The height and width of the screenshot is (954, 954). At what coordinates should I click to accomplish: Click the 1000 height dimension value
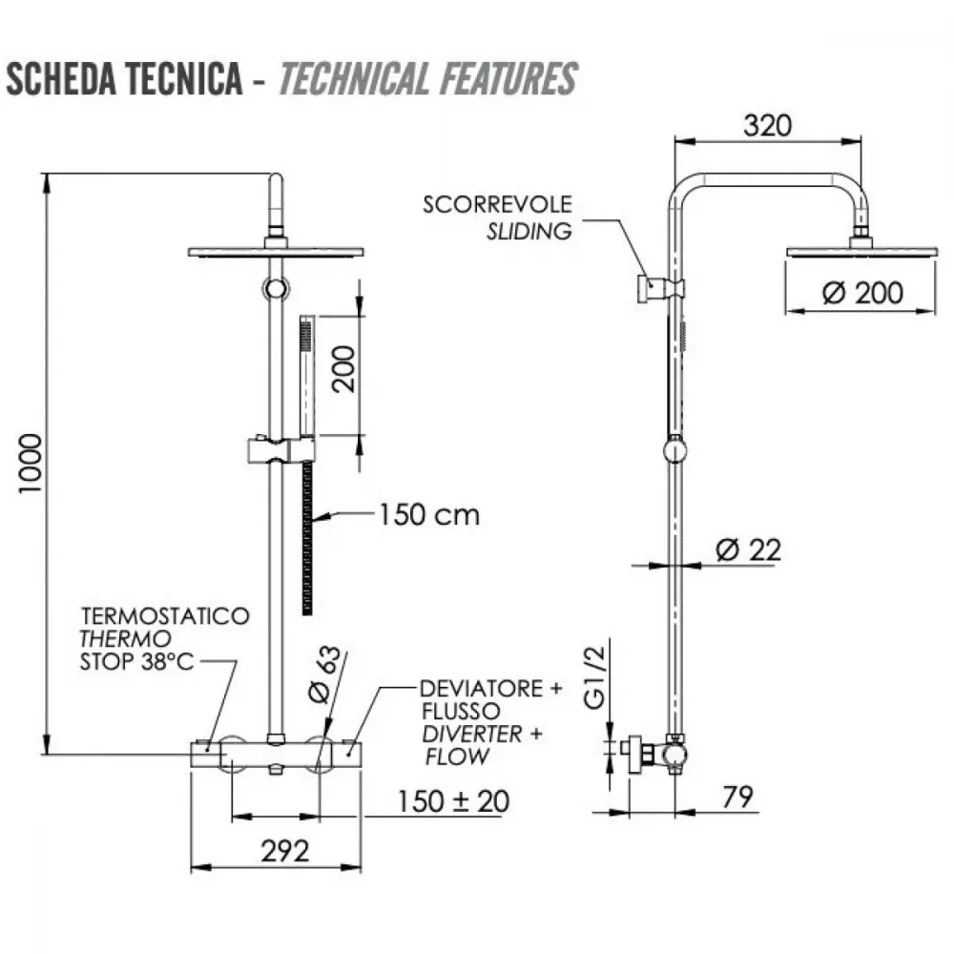point(31,465)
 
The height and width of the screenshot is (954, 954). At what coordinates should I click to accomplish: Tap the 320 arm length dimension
point(767,126)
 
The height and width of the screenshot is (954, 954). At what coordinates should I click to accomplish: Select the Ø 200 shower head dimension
point(862,293)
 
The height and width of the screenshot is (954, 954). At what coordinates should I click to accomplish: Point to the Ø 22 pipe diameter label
point(748,550)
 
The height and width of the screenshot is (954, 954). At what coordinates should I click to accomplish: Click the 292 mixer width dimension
point(284,851)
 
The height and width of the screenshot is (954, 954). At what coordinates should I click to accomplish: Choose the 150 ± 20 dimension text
point(453,801)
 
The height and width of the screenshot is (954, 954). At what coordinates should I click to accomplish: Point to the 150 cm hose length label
point(429,515)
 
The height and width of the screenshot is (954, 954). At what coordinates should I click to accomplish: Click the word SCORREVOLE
point(498,204)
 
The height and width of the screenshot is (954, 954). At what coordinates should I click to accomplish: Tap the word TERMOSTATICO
point(165,615)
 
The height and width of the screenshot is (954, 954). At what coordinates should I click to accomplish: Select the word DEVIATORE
point(481,689)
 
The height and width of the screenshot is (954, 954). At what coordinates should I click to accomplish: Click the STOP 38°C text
point(136,661)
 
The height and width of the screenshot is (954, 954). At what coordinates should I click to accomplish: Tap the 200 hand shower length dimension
point(343,368)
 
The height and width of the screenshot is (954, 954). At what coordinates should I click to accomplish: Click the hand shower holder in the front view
point(281,450)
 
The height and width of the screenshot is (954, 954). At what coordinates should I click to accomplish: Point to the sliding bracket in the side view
point(660,288)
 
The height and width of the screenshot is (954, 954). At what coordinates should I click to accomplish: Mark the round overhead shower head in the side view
point(861,251)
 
